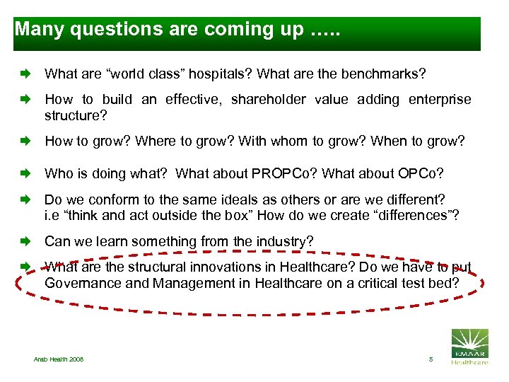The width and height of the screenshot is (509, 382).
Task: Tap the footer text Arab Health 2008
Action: coord(59,359)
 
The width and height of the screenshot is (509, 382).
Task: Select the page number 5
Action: coord(430,359)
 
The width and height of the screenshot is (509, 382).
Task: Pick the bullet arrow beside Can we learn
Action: coord(26,242)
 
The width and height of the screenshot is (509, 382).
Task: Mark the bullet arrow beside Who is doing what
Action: coord(26,173)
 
